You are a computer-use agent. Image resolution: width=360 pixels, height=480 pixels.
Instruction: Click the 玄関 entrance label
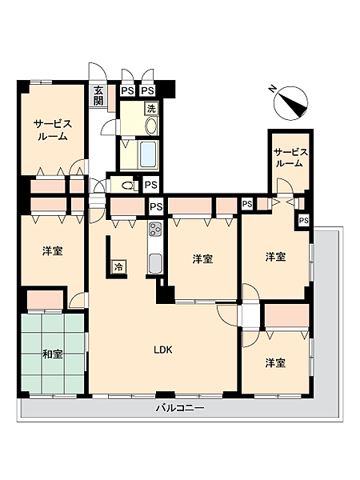click(98, 95)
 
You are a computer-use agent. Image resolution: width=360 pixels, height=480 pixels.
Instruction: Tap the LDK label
click(163, 350)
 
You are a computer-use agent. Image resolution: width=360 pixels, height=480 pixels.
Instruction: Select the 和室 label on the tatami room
click(53, 354)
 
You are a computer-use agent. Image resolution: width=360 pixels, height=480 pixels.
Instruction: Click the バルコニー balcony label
click(180, 408)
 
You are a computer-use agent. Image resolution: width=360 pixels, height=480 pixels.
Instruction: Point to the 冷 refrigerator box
click(119, 267)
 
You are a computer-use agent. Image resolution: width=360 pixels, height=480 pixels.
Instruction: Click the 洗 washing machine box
click(151, 108)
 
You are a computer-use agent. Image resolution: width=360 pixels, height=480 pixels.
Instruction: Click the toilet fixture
click(128, 186)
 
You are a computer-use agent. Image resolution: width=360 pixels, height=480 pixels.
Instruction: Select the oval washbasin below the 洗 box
click(151, 126)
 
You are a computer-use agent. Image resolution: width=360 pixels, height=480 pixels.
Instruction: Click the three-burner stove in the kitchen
click(154, 229)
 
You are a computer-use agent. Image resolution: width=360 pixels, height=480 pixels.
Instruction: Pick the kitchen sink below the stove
click(154, 263)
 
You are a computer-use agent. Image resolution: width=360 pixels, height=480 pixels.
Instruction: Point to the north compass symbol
click(291, 103)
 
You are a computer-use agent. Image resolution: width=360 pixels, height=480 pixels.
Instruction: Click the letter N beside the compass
click(271, 89)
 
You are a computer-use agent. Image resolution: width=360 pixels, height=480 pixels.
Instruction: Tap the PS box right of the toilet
click(151, 185)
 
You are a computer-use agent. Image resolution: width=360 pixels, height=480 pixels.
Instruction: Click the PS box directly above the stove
click(156, 207)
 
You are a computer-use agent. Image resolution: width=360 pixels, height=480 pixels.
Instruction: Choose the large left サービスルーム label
click(52, 130)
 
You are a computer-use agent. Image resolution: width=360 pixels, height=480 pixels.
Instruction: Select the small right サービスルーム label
click(290, 158)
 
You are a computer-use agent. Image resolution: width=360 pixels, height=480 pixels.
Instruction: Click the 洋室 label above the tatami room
click(53, 251)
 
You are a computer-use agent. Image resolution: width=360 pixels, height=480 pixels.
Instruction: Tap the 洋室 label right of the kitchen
click(202, 259)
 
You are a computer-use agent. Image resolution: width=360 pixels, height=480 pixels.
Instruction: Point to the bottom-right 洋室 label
click(275, 363)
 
